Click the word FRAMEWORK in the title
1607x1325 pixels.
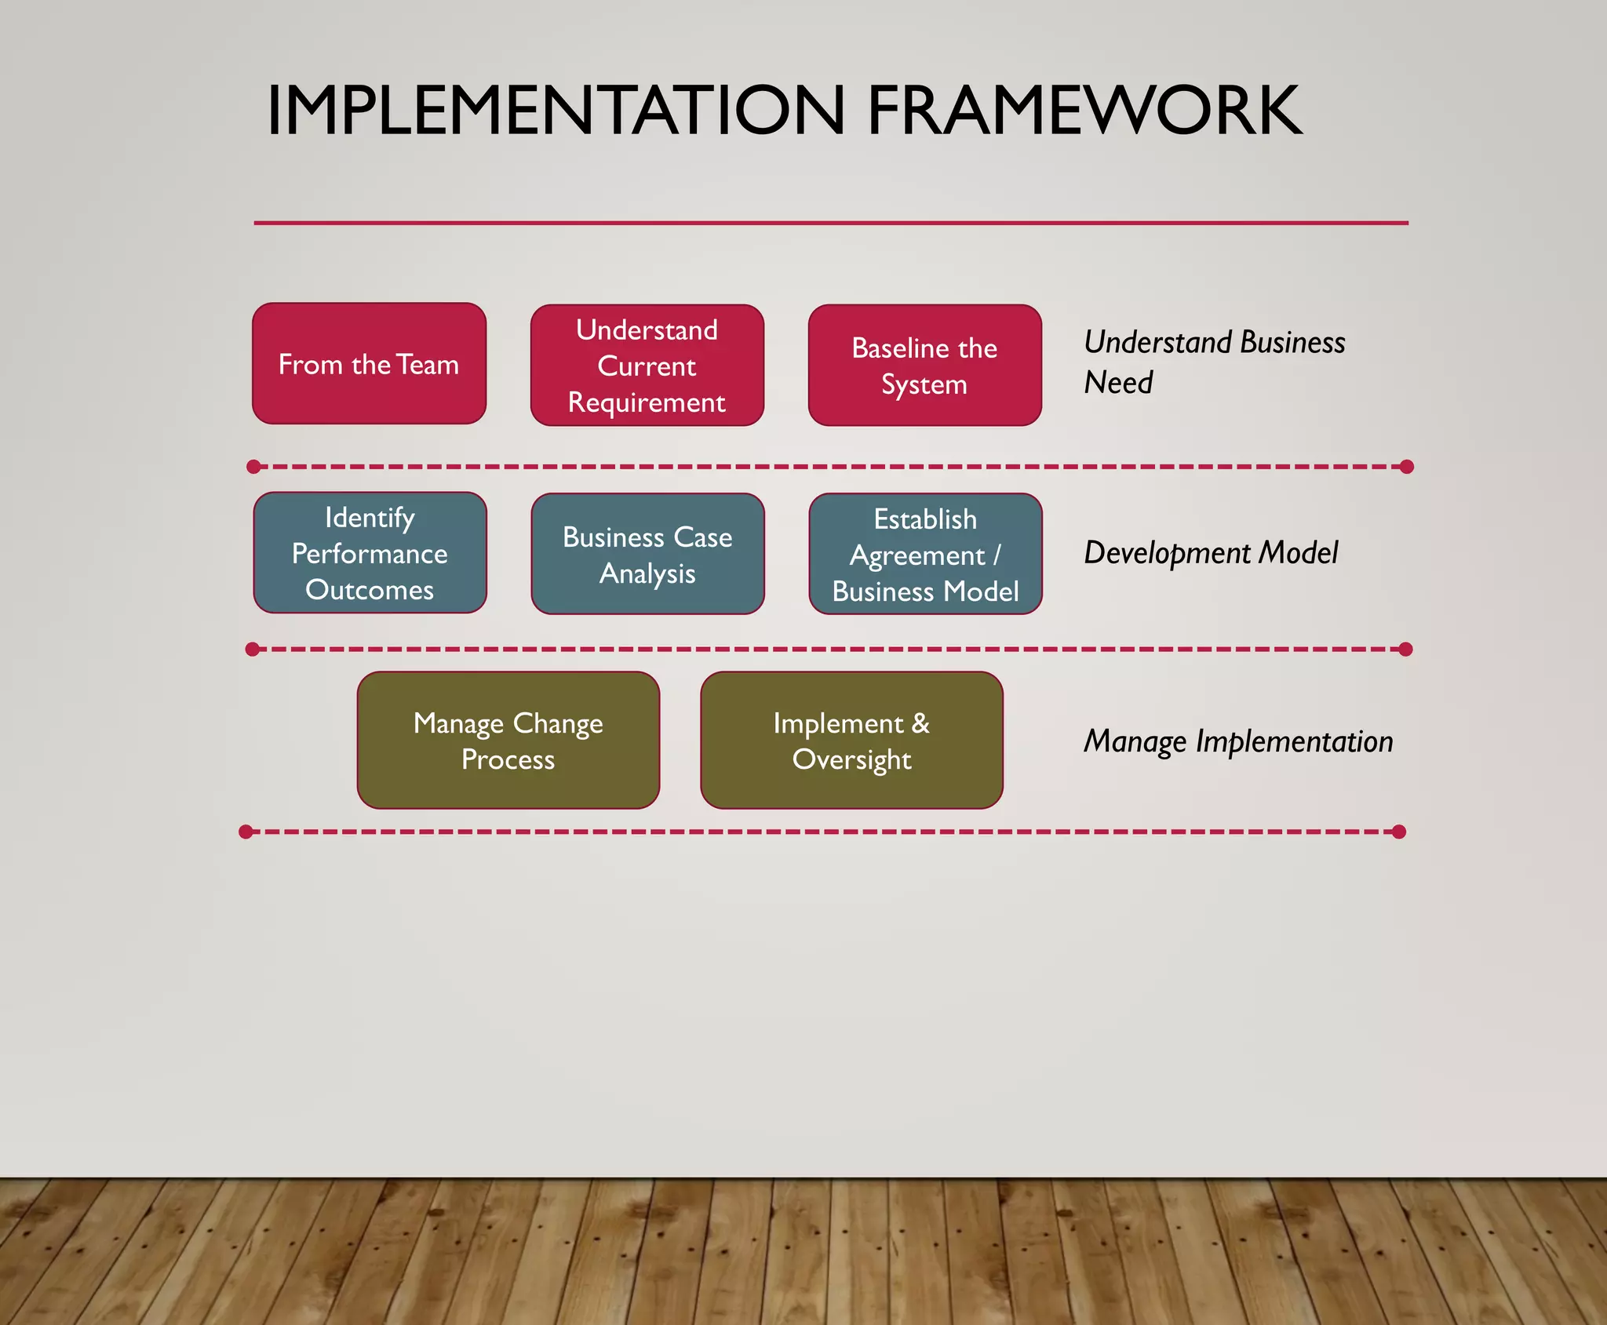pos(1084,111)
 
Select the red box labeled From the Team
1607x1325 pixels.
pos(369,364)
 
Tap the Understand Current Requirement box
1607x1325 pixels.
pos(647,366)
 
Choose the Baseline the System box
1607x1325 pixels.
pos(924,366)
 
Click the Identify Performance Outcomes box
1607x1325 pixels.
pos(370,553)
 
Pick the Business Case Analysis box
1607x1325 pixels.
pos(647,554)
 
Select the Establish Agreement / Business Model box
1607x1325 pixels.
pos(925,554)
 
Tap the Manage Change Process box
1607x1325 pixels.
pos(508,741)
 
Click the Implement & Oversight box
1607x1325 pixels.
pos(851,741)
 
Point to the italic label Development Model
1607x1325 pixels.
pos(1210,553)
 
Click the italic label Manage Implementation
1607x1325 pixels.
pos(1237,741)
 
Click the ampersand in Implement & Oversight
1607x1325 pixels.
pos(920,723)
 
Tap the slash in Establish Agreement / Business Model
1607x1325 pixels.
pos(997,555)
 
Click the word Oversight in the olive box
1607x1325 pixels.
pos(851,759)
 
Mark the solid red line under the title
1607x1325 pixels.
pos(830,223)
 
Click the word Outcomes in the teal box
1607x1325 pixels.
pos(370,590)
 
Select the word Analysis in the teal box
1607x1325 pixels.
pos(647,573)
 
